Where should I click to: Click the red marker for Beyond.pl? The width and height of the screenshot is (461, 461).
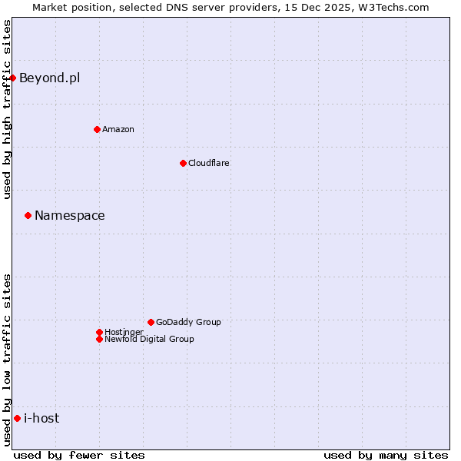pos(13,78)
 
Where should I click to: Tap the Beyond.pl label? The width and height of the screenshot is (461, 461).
pos(49,78)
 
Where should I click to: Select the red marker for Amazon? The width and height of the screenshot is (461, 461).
pos(97,129)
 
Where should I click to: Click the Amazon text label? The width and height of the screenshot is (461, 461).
pos(118,129)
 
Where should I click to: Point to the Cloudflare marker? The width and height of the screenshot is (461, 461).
pos(183,163)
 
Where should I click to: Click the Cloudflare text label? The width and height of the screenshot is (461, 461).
pos(209,163)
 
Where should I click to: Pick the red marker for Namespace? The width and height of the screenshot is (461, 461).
pos(28,215)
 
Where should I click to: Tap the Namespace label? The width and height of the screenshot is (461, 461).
pos(69,215)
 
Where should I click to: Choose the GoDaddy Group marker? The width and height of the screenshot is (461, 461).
pos(151,322)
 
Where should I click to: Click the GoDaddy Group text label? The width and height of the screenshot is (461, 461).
pos(188,322)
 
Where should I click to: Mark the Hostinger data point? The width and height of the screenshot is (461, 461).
pos(99,332)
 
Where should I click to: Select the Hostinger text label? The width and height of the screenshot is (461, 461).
pos(124,332)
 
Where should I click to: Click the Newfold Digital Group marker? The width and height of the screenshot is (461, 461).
pos(99,339)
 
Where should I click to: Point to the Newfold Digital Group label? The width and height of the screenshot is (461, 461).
pos(149,339)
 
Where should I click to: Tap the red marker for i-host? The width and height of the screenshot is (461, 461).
pos(17,418)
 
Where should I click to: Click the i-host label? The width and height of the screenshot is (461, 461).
pos(41,418)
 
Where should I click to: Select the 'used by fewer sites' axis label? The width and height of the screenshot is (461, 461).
pos(79,455)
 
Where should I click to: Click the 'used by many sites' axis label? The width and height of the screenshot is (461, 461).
pos(386,455)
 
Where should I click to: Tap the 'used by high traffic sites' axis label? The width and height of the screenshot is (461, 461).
pos(7,109)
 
